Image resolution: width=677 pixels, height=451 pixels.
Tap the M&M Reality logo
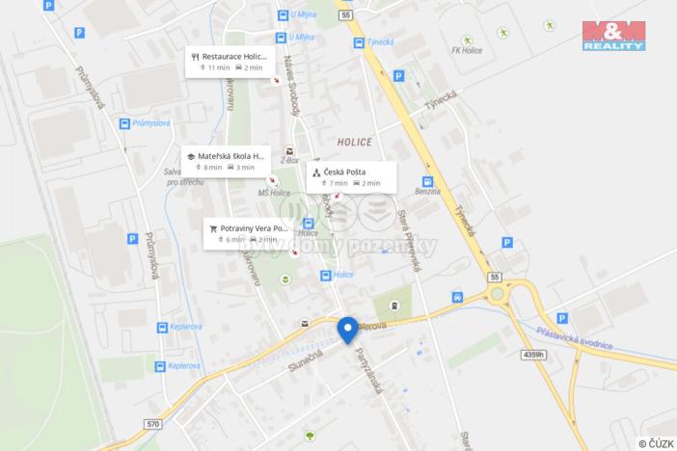613,34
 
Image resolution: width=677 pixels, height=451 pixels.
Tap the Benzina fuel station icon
428,181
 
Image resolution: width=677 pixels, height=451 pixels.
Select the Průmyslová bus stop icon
123,122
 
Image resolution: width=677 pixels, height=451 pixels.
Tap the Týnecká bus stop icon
359,42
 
